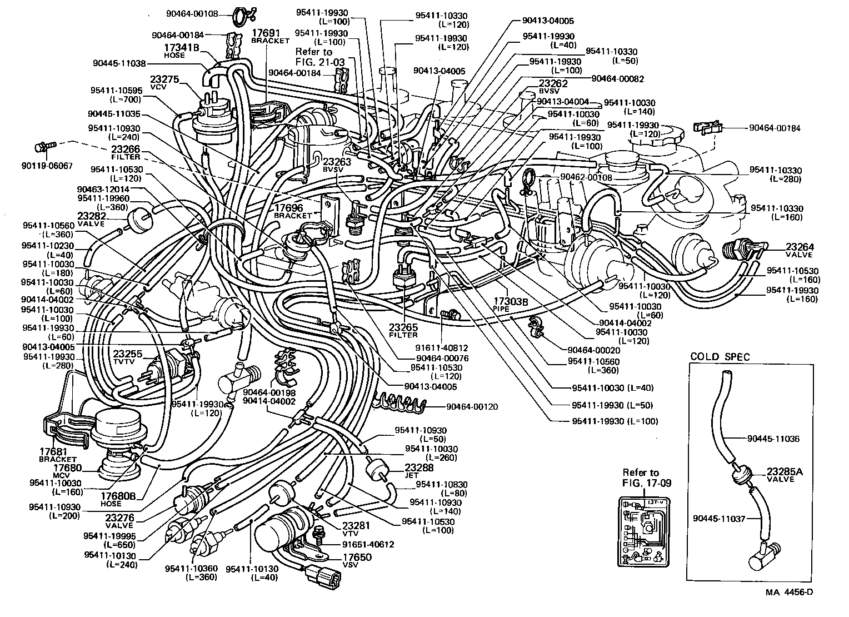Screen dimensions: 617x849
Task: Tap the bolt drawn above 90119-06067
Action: [x=44, y=147]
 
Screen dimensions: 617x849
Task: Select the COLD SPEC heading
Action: [x=720, y=356]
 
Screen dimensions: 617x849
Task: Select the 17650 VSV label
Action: [x=357, y=560]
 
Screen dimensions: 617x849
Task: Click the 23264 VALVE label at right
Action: [x=799, y=250]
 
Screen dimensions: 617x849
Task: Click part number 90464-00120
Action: [x=472, y=406]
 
